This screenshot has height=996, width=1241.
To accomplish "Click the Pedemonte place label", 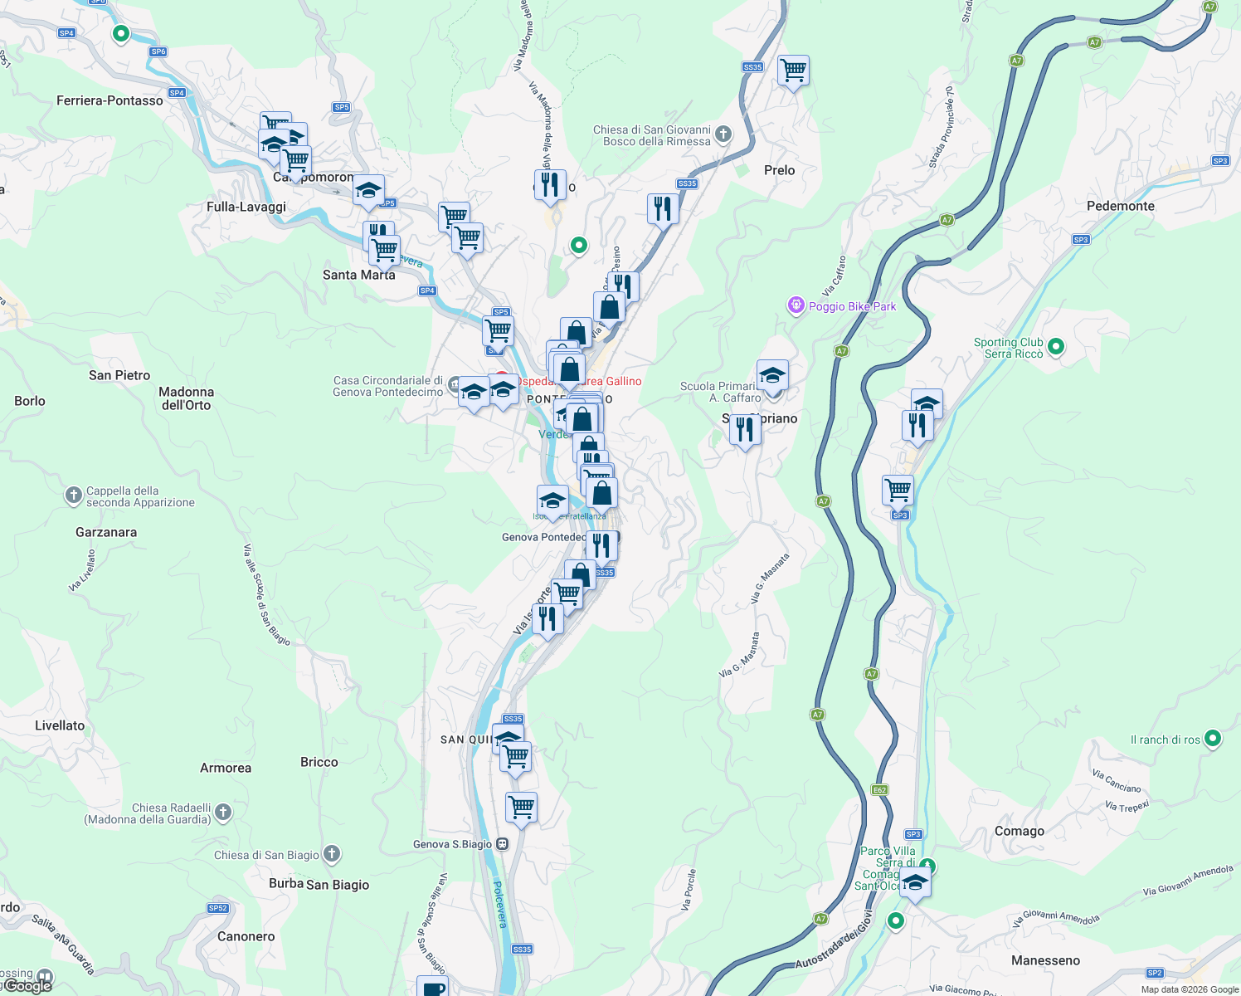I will (x=1120, y=206).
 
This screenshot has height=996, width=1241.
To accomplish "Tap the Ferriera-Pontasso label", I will (x=109, y=100).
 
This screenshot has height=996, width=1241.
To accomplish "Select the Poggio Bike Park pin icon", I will (x=796, y=306).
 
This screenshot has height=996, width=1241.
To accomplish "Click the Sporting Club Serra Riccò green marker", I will (x=1055, y=347).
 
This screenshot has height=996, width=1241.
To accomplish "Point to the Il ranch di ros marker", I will (x=1212, y=738).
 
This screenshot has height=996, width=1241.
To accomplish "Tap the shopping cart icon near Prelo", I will (x=793, y=71).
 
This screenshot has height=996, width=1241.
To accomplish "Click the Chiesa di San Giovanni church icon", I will (x=723, y=134).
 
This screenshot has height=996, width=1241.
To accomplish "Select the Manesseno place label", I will (x=1045, y=960).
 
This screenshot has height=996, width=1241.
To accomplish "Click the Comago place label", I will (x=1019, y=831).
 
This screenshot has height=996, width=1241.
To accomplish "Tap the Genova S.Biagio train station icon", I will (x=502, y=844).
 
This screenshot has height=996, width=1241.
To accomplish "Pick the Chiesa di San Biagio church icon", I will (x=331, y=853).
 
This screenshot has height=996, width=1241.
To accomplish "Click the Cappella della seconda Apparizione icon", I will (x=73, y=496).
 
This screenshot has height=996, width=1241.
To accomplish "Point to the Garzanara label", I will (x=106, y=532).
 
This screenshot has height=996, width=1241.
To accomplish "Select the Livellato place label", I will (x=60, y=725).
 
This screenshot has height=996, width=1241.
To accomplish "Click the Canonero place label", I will (x=246, y=936).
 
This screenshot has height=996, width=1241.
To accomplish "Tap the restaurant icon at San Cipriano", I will (x=744, y=430).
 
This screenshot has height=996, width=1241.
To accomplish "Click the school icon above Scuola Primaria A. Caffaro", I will (x=771, y=375).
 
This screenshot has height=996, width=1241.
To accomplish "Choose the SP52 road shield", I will (x=217, y=908).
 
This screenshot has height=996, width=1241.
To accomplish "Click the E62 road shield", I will (x=879, y=790).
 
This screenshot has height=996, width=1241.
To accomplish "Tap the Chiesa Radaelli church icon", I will (x=222, y=813).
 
